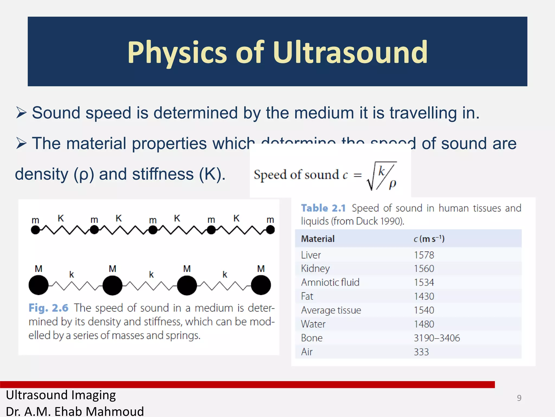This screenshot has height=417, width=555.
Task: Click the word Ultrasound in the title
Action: (x=350, y=52)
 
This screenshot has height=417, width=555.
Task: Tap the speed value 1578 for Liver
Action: (x=424, y=255)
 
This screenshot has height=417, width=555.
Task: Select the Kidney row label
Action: (x=315, y=268)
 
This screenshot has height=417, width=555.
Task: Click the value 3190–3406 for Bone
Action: (x=437, y=338)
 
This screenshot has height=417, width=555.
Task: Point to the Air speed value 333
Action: (x=421, y=352)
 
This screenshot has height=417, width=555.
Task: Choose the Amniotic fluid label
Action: (x=330, y=282)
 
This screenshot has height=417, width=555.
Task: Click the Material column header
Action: (x=318, y=239)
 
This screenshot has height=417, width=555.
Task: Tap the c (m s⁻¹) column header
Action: (x=429, y=239)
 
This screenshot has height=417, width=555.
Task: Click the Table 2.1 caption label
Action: (x=323, y=208)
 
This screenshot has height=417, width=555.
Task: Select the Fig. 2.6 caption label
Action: (x=48, y=308)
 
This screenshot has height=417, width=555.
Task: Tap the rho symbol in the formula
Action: (x=392, y=184)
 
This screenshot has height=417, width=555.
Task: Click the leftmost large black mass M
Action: (x=38, y=285)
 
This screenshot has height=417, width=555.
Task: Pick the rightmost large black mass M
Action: (x=261, y=285)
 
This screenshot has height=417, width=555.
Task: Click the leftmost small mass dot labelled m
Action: (x=35, y=230)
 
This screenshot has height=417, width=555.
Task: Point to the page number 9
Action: (x=519, y=398)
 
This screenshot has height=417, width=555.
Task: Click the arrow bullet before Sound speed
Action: (x=21, y=112)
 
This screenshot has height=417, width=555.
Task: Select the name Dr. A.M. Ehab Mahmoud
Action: (x=75, y=411)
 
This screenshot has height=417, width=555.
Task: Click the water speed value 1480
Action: (x=424, y=324)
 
